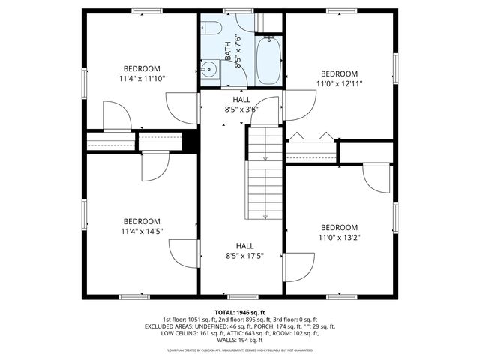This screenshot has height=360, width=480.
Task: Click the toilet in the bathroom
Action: (x=211, y=30)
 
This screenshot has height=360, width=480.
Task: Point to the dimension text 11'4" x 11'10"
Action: (x=141, y=78)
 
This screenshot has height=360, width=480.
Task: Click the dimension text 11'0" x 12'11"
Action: (x=339, y=83)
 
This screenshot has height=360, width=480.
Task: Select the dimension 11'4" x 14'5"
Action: (x=141, y=231)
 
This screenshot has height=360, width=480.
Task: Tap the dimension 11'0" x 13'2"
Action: (x=339, y=238)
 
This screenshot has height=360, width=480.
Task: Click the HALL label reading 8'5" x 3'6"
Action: (x=241, y=109)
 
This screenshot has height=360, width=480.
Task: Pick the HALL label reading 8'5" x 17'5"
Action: (x=244, y=256)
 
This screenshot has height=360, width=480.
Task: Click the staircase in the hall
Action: (x=264, y=172)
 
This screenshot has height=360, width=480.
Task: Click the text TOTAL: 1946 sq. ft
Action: (x=240, y=312)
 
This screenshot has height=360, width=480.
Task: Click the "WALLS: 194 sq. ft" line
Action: (x=240, y=340)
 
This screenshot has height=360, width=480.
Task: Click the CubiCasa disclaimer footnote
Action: (x=240, y=349)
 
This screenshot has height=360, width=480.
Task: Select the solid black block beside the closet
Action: (x=190, y=140)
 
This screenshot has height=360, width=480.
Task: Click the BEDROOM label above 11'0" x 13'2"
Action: (x=339, y=227)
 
